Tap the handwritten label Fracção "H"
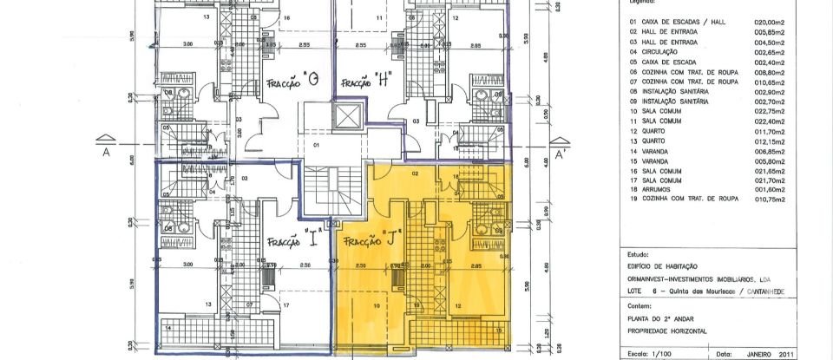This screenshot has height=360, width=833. click(x=366, y=82)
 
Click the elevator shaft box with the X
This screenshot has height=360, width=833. click(x=351, y=118)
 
